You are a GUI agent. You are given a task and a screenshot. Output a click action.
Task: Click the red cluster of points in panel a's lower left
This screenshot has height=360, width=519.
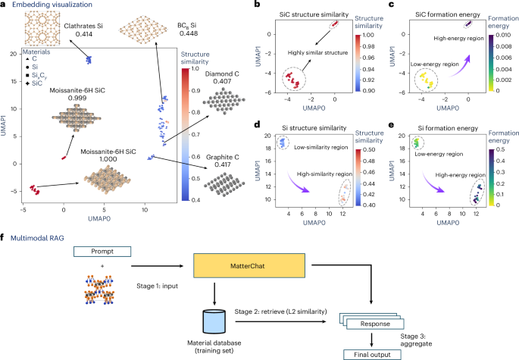(x=35, y=188)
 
